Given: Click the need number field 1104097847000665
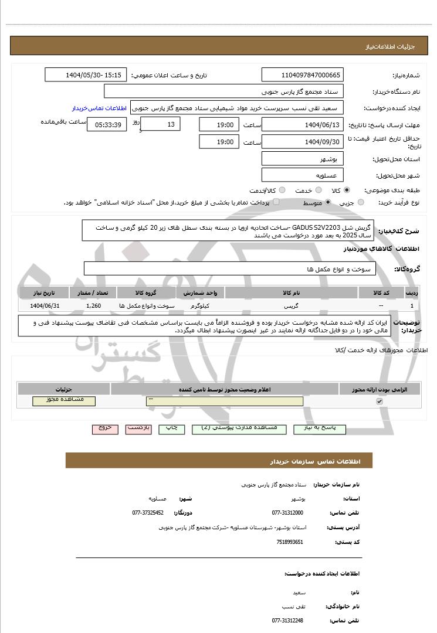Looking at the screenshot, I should pos(302,75).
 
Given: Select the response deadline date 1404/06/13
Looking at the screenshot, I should pos(302,124).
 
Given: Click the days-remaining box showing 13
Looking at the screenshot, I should pos(161,124).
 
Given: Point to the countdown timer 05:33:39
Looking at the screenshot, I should pos(106,124).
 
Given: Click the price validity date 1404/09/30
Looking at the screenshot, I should pos(302,141).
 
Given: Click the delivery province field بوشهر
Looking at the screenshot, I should pos(302,159).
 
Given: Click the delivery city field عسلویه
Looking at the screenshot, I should pos(302,175).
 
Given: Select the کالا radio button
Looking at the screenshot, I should pos(347,190).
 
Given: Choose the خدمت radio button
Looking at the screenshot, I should pos(319,190).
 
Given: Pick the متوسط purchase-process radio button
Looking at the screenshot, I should pos(328,202).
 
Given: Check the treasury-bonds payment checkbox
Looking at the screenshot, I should pos(276,202).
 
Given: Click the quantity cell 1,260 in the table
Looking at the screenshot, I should pos(94,306).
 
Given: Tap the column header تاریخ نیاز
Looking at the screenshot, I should pos(43,292).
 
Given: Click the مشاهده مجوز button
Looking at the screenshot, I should pos(64,400).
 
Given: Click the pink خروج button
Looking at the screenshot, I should pos(106,428).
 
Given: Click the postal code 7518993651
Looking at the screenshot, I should pos(290,542).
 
